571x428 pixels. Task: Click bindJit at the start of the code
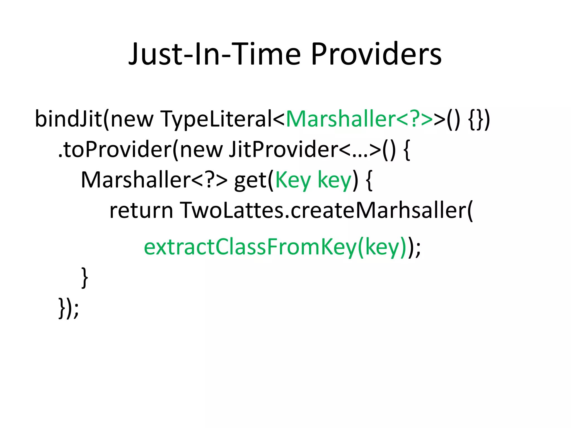click(68, 119)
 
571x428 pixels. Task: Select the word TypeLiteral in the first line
click(216, 119)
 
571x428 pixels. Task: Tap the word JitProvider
click(283, 150)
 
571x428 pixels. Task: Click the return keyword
click(141, 211)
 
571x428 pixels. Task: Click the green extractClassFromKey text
click(250, 247)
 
